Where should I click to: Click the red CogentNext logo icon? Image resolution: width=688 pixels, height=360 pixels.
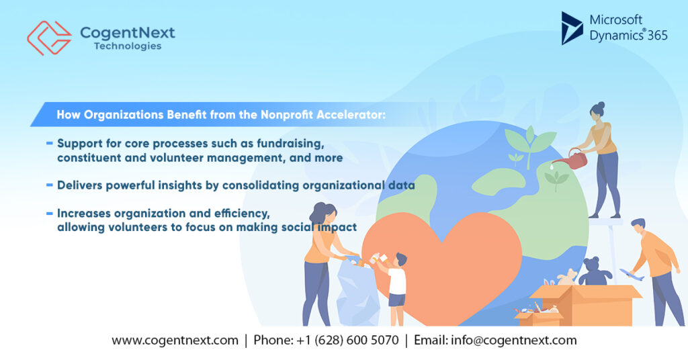click(48, 38)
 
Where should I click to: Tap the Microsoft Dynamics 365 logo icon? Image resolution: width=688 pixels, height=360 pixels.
click(572, 28)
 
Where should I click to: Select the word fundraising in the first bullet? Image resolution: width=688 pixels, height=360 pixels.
click(294, 144)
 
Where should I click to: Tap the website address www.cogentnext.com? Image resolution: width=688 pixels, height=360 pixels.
click(175, 341)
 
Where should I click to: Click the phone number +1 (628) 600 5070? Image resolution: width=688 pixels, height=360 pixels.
click(347, 341)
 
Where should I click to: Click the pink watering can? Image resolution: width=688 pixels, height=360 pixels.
click(574, 159)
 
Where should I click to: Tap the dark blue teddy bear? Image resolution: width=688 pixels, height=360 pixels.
click(594, 271)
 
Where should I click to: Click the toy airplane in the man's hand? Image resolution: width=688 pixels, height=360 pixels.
click(631, 274)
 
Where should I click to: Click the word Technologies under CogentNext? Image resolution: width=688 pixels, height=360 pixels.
click(128, 46)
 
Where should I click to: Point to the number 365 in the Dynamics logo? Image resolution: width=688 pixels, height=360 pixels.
click(658, 36)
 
